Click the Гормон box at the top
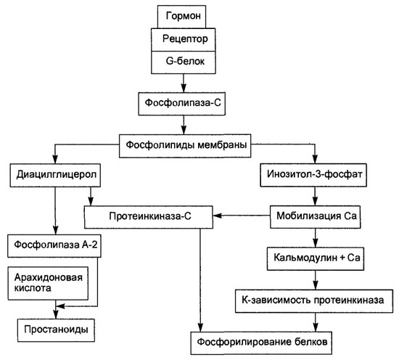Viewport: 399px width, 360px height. point(181,17)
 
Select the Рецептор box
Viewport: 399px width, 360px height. point(184,39)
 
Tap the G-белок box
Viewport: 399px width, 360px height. point(184,62)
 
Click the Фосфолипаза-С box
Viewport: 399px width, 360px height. point(181,104)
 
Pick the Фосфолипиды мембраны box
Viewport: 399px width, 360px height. point(185,146)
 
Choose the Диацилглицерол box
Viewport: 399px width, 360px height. point(55,176)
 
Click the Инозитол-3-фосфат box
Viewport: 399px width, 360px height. point(313,175)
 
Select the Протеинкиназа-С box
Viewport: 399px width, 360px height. point(149,217)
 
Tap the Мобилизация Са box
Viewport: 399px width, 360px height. point(316,217)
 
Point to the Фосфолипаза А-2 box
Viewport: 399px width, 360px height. point(54,246)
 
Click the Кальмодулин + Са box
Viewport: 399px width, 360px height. point(316,258)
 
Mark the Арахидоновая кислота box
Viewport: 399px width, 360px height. point(48,283)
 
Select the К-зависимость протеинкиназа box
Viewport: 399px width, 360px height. point(314,301)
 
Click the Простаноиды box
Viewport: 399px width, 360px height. point(56,330)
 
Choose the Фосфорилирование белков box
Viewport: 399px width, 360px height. point(261,343)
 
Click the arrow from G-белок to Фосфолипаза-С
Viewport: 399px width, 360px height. point(184,83)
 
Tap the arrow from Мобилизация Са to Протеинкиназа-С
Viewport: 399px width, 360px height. point(242,216)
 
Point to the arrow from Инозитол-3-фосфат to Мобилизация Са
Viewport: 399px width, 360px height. point(316,196)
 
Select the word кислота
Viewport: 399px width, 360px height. point(33,288)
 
